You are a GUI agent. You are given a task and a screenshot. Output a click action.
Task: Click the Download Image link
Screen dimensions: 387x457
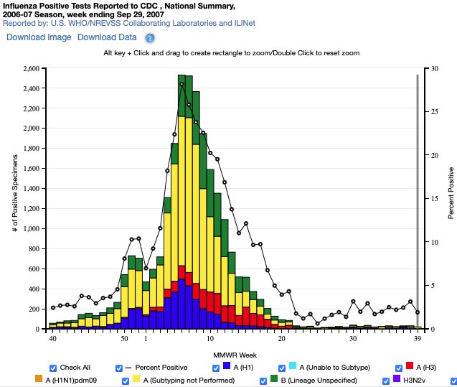pyautogui.click(x=39, y=37)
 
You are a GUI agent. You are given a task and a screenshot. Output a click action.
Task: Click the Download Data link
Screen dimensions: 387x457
pyautogui.click(x=107, y=37)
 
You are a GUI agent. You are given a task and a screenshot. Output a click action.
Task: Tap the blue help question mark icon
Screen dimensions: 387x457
pyautogui.click(x=150, y=38)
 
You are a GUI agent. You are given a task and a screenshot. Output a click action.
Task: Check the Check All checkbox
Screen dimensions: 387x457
pyautogui.click(x=52, y=368)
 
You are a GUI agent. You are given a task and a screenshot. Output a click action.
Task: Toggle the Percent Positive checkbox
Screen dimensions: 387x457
pyautogui.click(x=118, y=368)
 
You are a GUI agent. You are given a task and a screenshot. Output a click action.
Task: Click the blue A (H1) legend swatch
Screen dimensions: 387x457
pyautogui.click(x=227, y=367)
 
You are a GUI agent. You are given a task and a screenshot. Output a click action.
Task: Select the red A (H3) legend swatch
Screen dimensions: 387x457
pyautogui.click(x=410, y=367)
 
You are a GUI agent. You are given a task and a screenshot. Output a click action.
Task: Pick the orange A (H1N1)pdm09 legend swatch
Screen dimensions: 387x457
pyautogui.click(x=39, y=379)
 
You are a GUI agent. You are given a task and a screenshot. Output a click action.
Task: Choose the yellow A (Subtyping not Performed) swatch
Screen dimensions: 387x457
pyautogui.click(x=136, y=379)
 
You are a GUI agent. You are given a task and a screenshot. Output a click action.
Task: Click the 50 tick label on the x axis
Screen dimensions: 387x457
pyautogui.click(x=124, y=337)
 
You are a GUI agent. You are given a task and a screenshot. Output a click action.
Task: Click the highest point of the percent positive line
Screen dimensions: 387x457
pyautogui.click(x=182, y=84)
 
